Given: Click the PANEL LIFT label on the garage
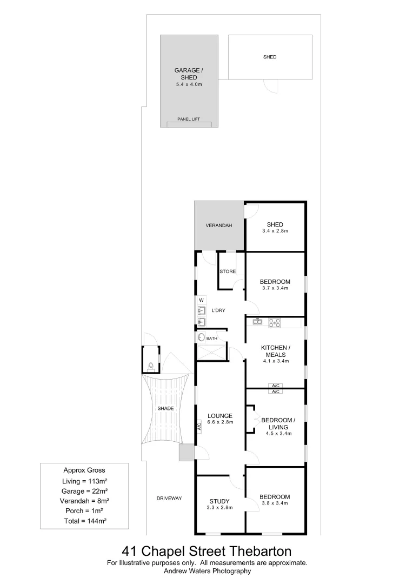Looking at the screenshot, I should pos(189,118).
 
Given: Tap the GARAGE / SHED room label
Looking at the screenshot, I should pos(189,74).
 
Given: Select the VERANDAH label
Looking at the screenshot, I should pos(219,225).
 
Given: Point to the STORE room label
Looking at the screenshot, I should pos(228,271).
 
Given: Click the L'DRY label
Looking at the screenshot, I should pos(218,310).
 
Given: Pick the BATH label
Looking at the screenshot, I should pos(211,339).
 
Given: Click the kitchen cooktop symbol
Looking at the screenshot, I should pos(275,323).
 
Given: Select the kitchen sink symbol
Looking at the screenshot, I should pos(258,322).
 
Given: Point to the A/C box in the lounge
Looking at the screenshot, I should pos(199,427).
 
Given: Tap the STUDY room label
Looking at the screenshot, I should pos(219,501).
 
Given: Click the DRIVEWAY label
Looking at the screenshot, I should pos(169,498).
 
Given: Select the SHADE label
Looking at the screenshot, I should pos(165,409).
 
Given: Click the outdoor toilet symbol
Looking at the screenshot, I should pos(151,367).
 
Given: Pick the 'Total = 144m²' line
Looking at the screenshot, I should pos(84,521).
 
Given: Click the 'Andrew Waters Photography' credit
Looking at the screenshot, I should pos(207,571).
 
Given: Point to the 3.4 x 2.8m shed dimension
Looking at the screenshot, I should pos(275,231).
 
